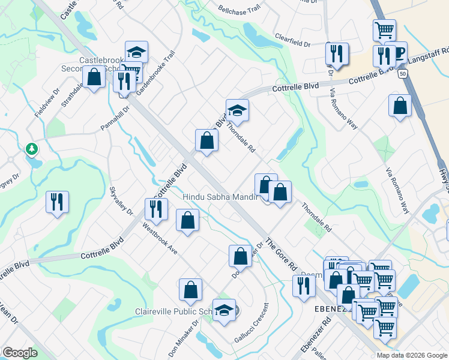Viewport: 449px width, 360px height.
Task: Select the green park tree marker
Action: pyautogui.click(x=31, y=149)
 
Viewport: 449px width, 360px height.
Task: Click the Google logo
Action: pyautogui.click(x=19, y=352)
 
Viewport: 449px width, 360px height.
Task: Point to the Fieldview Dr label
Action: pyautogui.click(x=47, y=103)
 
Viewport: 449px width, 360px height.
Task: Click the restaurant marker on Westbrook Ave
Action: pyautogui.click(x=155, y=209)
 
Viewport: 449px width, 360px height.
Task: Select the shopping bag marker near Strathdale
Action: pyautogui.click(x=94, y=77)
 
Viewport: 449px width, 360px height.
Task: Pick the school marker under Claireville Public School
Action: pyautogui.click(x=224, y=311)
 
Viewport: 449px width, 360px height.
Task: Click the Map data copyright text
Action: pyautogui.click(x=411, y=355)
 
